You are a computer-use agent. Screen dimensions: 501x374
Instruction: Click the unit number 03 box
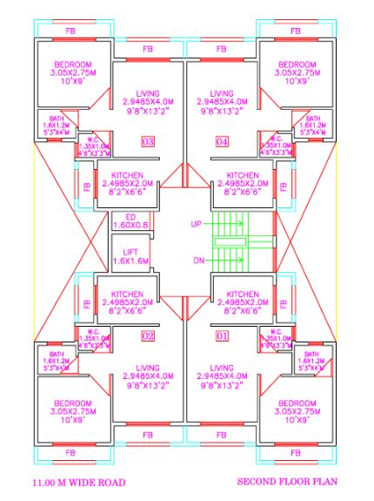(x=148, y=142)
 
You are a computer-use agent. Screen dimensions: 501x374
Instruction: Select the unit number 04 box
(x=222, y=142)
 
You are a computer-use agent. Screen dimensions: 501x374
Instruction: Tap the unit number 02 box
(x=148, y=335)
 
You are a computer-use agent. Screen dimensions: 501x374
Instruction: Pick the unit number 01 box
(x=222, y=335)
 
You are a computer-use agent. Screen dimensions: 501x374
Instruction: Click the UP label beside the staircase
(x=197, y=224)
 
